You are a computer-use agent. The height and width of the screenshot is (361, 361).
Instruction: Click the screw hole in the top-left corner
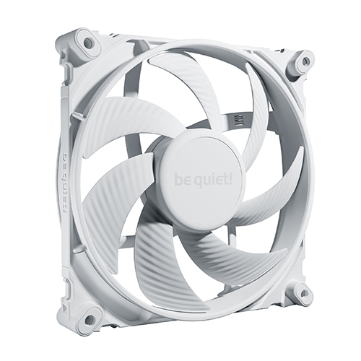(x=88, y=43)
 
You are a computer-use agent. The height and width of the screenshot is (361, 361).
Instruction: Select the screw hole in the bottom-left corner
(x=90, y=318)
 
